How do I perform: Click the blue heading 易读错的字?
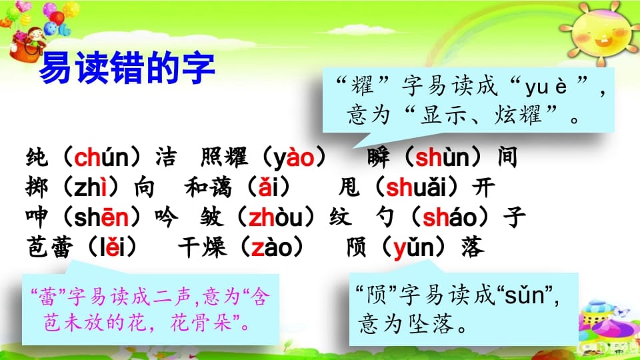127,69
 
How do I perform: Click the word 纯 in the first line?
32,159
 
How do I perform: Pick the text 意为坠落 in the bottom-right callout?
409,324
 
